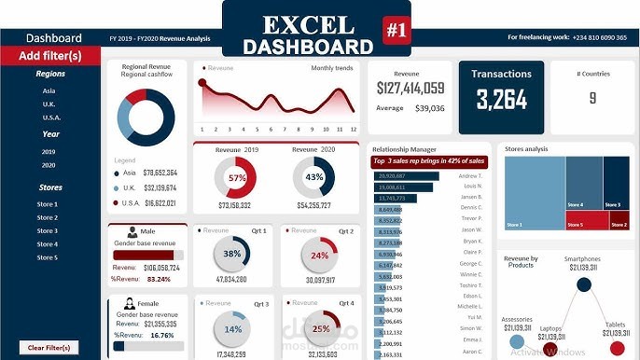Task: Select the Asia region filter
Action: (x=49, y=91)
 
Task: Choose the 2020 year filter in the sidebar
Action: (x=49, y=165)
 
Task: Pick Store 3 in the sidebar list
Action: (x=47, y=230)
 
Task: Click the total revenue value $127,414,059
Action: (x=410, y=88)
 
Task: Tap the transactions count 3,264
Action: (x=501, y=99)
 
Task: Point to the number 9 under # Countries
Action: (x=591, y=97)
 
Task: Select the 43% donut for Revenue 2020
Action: (x=314, y=177)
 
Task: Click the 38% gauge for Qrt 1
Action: (x=232, y=254)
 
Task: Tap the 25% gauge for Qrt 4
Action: (x=321, y=328)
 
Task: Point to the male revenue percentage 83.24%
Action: (x=159, y=279)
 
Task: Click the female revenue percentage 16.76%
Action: (x=161, y=335)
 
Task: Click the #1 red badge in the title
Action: (x=397, y=29)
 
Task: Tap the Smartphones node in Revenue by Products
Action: (x=583, y=284)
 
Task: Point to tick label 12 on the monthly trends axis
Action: (x=354, y=129)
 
